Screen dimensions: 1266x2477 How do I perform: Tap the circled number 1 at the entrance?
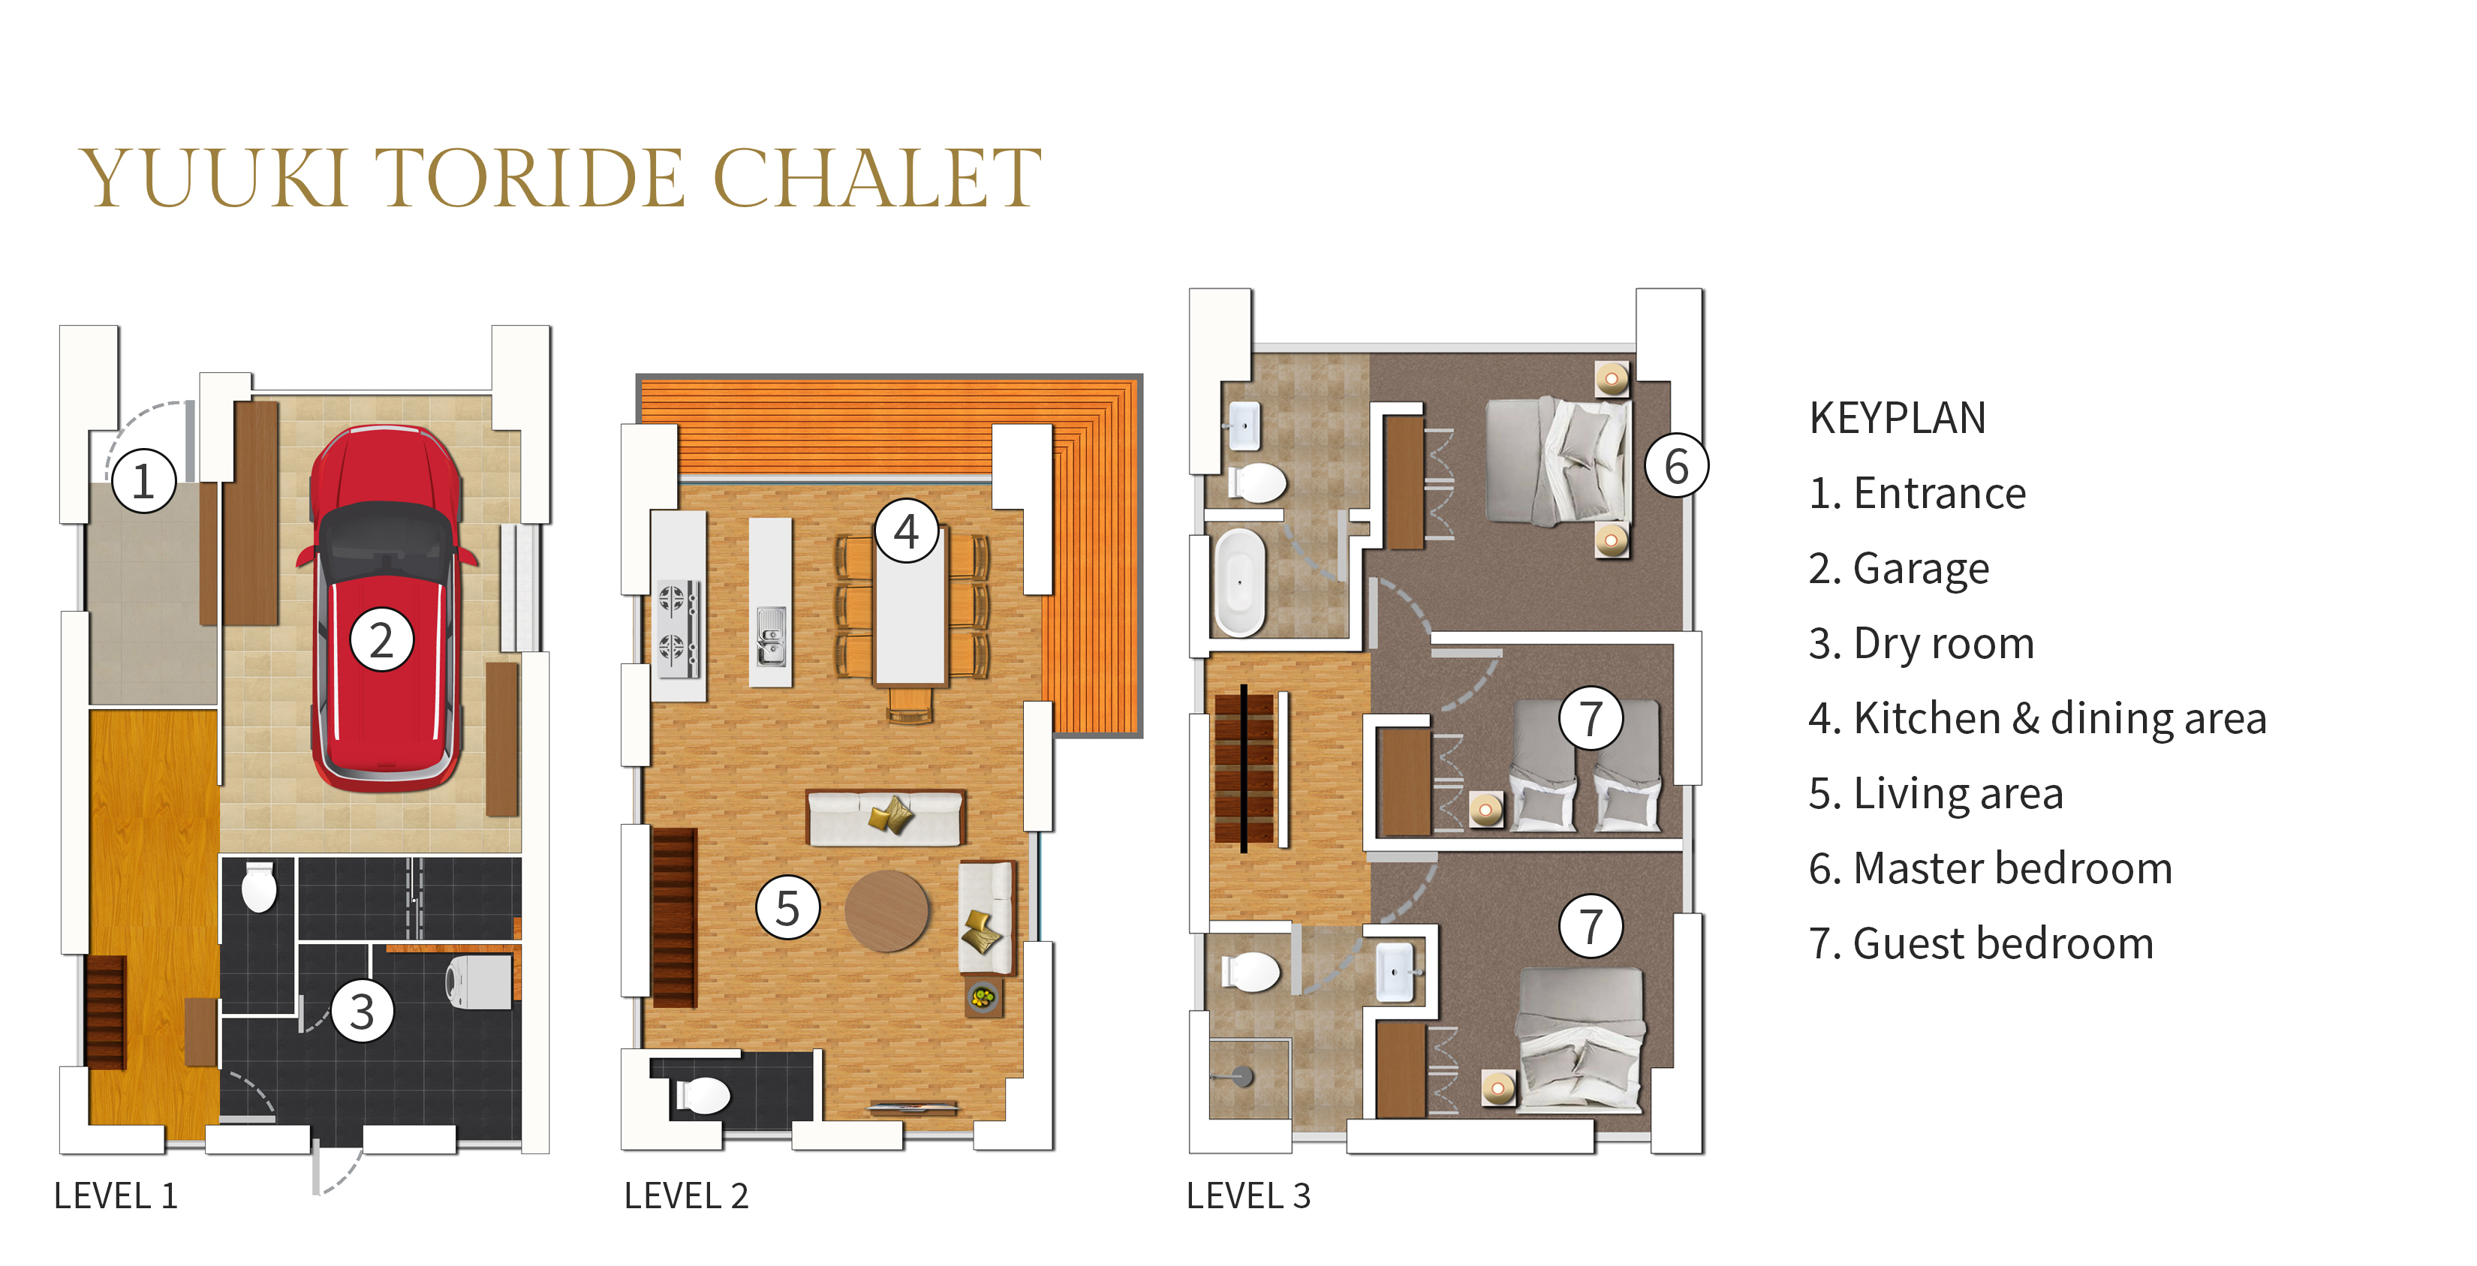click(x=143, y=480)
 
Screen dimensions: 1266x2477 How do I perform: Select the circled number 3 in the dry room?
click(x=362, y=1012)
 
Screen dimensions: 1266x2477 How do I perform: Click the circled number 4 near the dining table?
click(x=906, y=531)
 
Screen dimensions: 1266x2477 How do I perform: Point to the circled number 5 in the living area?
click(x=787, y=907)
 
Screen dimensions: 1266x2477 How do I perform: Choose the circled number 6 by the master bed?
click(x=1675, y=466)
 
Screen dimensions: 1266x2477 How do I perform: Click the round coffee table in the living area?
click(x=886, y=910)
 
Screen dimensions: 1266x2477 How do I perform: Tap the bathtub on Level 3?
click(x=1239, y=582)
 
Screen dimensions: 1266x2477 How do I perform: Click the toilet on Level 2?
click(x=705, y=1095)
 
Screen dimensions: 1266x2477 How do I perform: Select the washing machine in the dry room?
click(x=479, y=982)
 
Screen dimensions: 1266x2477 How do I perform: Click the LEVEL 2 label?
click(x=685, y=1195)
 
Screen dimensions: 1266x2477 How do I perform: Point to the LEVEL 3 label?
click(x=1248, y=1195)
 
